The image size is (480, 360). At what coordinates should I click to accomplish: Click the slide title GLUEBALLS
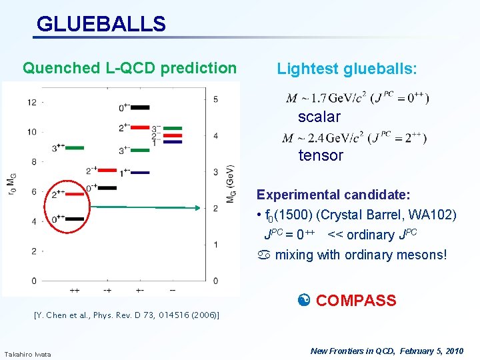click(x=101, y=24)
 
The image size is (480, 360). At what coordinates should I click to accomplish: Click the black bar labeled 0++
click(x=75, y=218)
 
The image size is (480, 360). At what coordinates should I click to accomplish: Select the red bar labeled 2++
click(x=75, y=194)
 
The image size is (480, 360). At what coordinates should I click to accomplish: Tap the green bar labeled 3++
click(x=75, y=147)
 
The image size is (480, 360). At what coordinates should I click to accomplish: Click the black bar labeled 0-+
click(x=107, y=188)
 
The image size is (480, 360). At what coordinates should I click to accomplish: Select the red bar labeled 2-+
click(x=107, y=171)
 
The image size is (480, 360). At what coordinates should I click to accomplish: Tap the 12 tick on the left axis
click(x=32, y=102)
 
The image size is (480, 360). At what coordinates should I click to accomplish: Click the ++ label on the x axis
click(x=74, y=291)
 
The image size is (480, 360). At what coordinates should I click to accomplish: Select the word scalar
click(x=319, y=117)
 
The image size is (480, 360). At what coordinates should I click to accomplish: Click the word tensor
click(x=321, y=155)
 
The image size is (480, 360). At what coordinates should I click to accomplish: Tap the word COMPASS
click(x=355, y=301)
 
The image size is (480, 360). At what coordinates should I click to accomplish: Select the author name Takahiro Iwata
click(x=27, y=353)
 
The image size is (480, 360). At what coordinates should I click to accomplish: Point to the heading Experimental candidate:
click(x=333, y=195)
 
